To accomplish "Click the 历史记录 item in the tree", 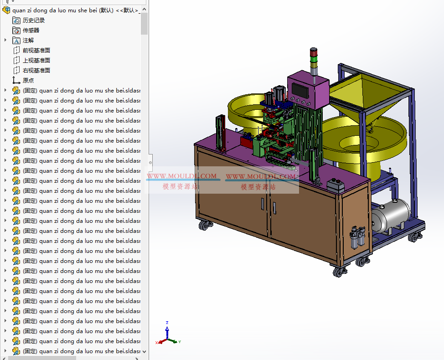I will point(34,20).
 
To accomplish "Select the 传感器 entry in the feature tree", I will point(31,30).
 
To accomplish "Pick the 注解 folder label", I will point(28,40).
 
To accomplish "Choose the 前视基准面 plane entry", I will point(36,50).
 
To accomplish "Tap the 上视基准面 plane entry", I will point(36,60).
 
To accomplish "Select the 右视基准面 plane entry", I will point(36,70).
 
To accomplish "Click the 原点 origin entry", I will point(28,80).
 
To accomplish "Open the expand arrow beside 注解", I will point(5,40).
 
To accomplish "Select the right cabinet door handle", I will point(274,206).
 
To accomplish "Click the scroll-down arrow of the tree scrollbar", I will point(145,351).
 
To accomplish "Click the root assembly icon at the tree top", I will point(6,10).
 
